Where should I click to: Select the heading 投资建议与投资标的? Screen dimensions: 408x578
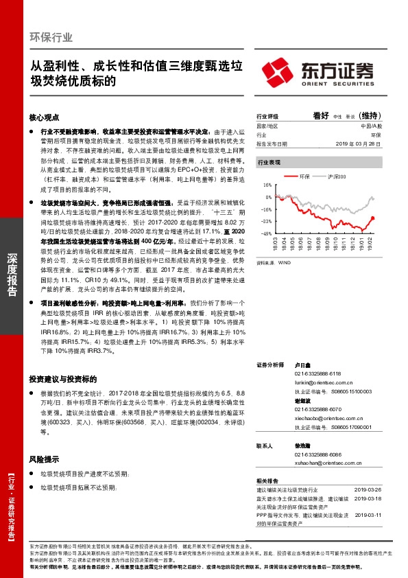[x=62, y=378]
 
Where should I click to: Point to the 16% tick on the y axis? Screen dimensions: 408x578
[x=268, y=185]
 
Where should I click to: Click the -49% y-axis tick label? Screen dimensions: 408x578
[x=267, y=234]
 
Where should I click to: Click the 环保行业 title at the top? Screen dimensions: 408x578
[x=51, y=37]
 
